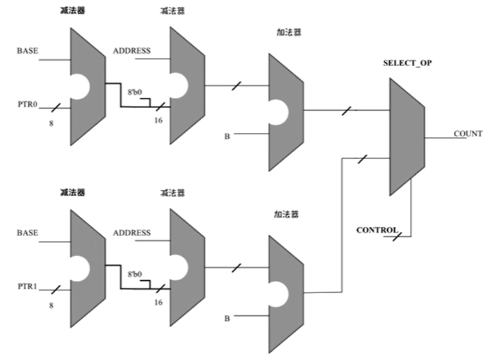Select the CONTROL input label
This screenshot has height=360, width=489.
coord(377,229)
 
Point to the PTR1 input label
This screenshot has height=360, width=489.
coord(27,284)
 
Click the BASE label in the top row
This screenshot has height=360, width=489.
coord(27,51)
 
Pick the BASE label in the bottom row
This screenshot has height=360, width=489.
coord(27,233)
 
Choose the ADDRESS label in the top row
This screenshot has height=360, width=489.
coord(131,51)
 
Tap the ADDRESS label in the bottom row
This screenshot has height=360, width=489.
coord(131,233)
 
